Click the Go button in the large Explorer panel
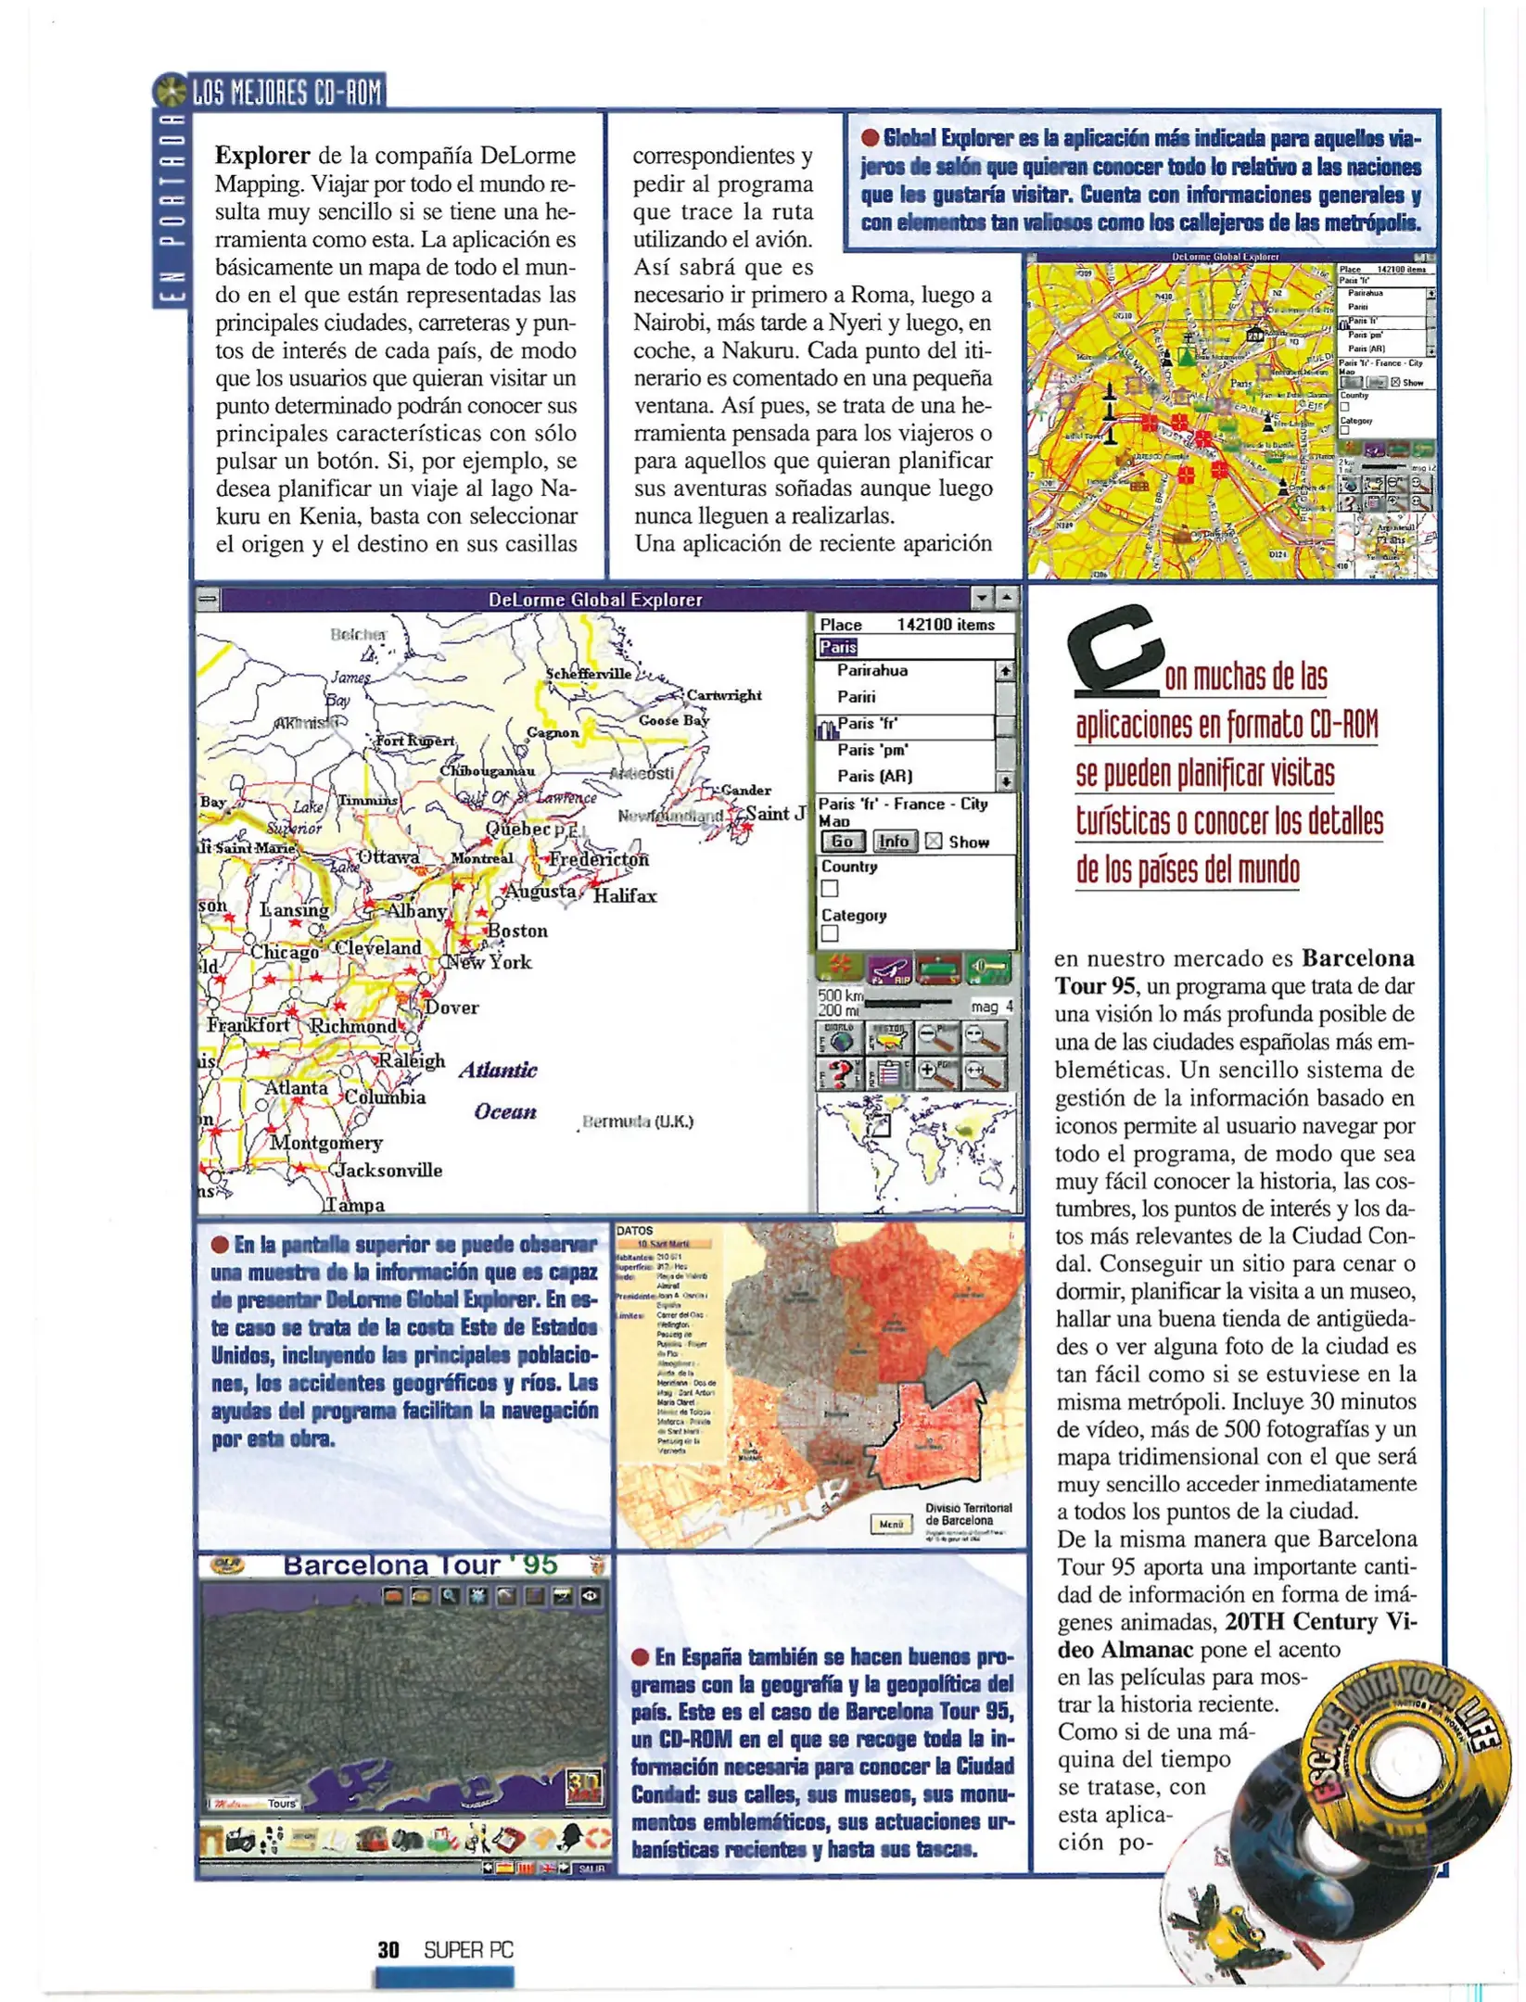(842, 842)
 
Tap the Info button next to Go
(894, 842)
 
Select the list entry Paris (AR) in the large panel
(874, 777)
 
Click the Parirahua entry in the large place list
(871, 671)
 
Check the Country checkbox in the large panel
(830, 889)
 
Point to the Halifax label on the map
(625, 896)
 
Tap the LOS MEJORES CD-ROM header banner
(286, 93)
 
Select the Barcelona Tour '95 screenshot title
(419, 1566)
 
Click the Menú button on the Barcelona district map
(890, 1524)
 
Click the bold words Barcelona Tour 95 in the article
(1233, 971)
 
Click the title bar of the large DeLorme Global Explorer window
(594, 600)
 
